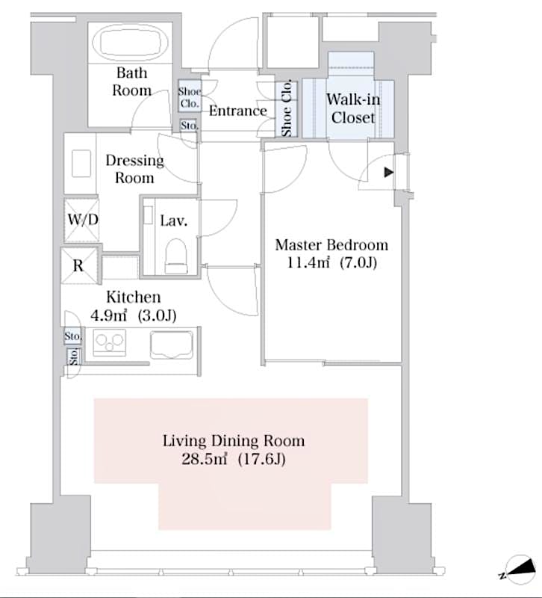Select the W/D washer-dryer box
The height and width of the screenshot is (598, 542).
[x=80, y=221]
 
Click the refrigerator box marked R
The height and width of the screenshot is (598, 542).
[x=78, y=265]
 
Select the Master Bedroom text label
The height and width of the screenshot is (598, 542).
[x=331, y=245]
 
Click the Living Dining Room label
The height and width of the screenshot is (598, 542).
[x=233, y=441]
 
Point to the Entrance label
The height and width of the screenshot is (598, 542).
[x=237, y=111]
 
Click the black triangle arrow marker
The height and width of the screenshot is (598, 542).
[x=387, y=173]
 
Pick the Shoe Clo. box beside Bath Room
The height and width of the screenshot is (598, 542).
[x=188, y=98]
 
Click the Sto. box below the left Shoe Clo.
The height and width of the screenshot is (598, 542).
[x=189, y=126]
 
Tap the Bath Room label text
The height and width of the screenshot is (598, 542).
[x=131, y=81]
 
